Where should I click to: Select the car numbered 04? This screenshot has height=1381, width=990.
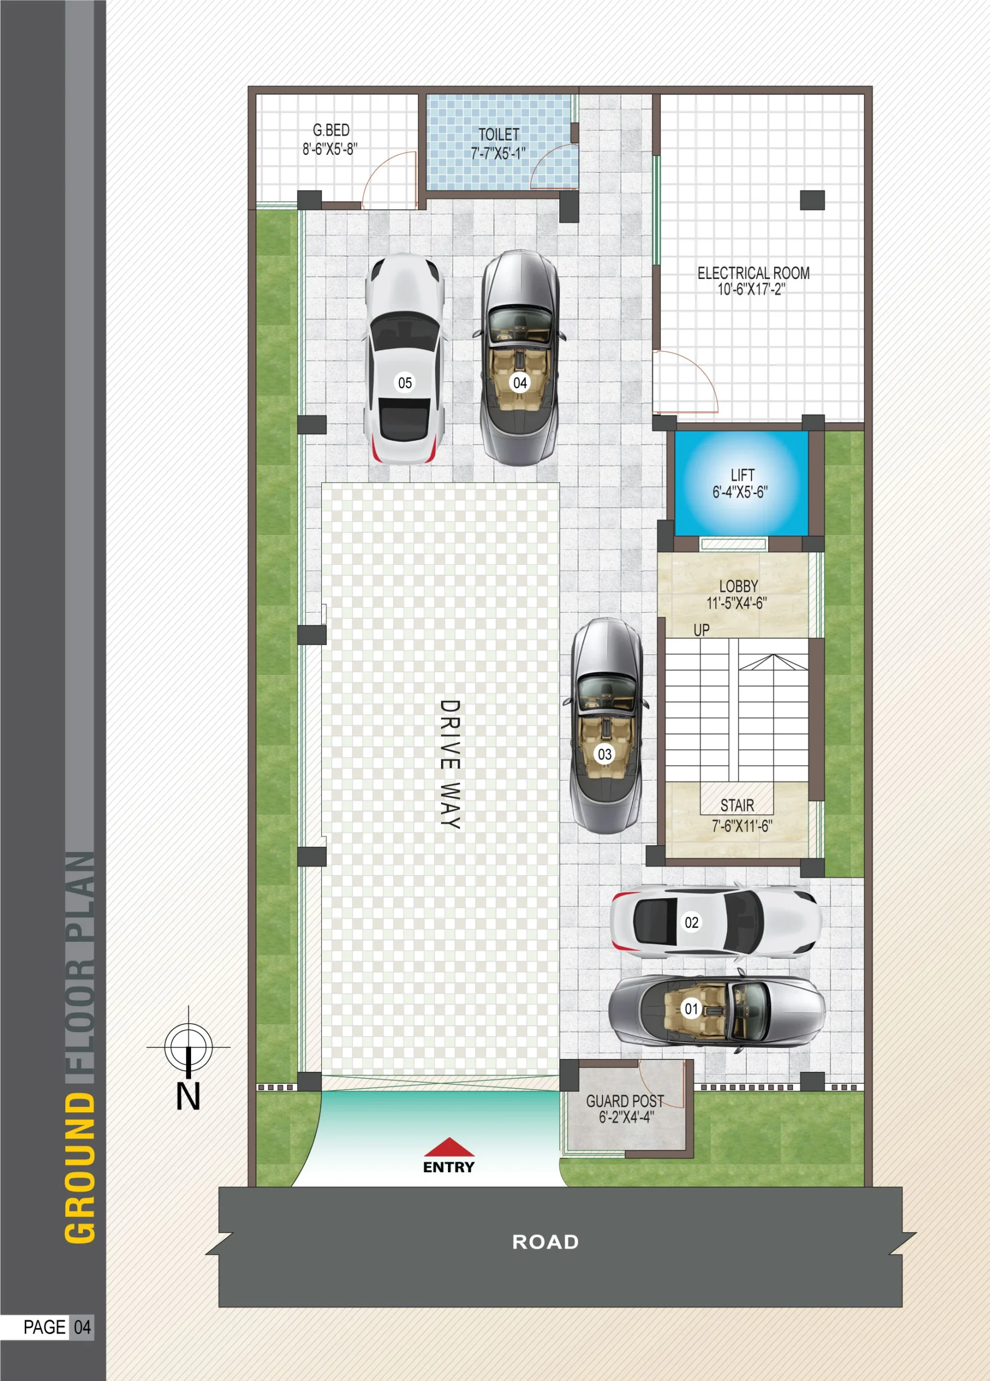coord(520,358)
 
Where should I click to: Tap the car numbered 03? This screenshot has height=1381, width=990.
coord(606,726)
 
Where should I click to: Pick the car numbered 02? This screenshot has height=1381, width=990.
coord(716,921)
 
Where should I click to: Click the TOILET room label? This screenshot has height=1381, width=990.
coord(498,134)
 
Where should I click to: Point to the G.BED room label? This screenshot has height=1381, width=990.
coord(331,131)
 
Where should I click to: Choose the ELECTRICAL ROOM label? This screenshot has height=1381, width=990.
coord(754,274)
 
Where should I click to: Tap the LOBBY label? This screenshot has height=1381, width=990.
coord(738,586)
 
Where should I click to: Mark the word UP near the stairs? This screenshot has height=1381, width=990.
coord(701,630)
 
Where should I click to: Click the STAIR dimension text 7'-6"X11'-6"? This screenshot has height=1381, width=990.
coord(742,826)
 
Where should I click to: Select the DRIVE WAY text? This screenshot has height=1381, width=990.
coord(450,764)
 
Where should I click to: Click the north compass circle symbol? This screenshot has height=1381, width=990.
coord(188,1047)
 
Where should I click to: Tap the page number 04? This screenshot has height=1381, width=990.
coord(82,1327)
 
